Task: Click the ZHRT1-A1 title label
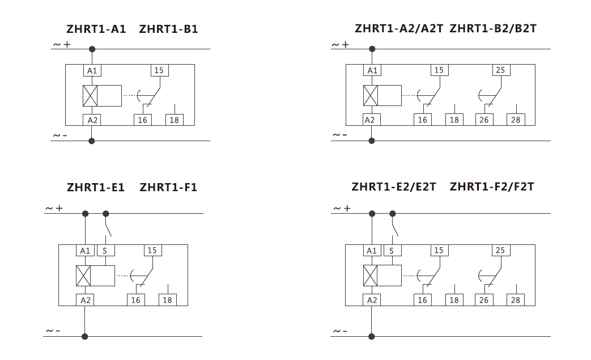[x=96, y=29]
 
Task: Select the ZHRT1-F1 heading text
[x=168, y=187]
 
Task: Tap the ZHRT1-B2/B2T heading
[x=493, y=28]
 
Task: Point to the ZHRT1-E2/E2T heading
[x=394, y=187]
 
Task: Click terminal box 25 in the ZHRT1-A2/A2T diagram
[x=501, y=70]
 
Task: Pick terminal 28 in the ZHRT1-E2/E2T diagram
[x=515, y=300]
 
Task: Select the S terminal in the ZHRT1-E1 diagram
[x=105, y=251]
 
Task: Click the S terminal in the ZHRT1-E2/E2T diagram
[x=392, y=251]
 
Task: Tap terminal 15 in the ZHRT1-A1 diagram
[x=159, y=70]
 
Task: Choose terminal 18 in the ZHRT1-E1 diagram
[x=167, y=300]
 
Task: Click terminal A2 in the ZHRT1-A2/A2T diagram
[x=371, y=120]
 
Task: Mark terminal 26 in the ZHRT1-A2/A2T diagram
[x=484, y=120]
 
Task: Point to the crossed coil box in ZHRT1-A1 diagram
[x=90, y=96]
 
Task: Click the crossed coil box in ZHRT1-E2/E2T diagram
[x=370, y=276]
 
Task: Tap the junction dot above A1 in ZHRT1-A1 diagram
[x=92, y=49]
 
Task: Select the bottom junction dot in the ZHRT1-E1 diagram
[x=85, y=336]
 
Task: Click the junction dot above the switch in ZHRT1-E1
[x=106, y=214]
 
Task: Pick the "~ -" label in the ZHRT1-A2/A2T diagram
[x=339, y=135]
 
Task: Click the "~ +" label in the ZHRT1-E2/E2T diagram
[x=342, y=209]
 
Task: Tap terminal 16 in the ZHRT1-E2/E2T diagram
[x=423, y=300]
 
